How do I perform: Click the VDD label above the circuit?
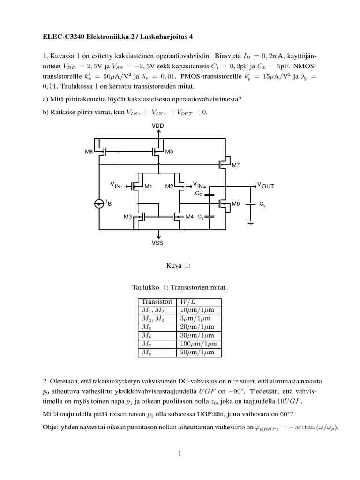pyautogui.click(x=158, y=126)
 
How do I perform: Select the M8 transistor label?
pyautogui.click(x=89, y=151)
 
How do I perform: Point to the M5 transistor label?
pyautogui.click(x=169, y=151)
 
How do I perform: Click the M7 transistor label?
pyautogui.click(x=235, y=165)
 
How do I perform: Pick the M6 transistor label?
pyautogui.click(x=236, y=204)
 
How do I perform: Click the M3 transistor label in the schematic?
pyautogui.click(x=128, y=217)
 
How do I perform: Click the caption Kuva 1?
pyautogui.click(x=176, y=266)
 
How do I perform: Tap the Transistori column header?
pyautogui.click(x=157, y=301)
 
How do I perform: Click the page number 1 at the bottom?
pyautogui.click(x=180, y=453)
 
